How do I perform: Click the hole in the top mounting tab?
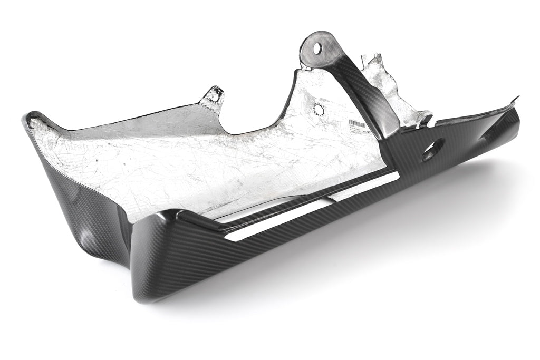coord(317,48)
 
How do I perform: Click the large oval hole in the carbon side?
coord(428,152)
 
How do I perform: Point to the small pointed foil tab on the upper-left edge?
coord(214,95)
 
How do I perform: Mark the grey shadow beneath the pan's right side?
coord(422,221)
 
